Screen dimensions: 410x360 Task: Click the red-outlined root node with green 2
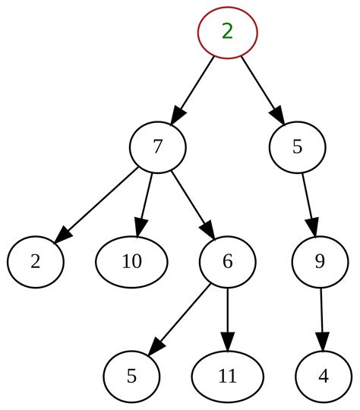tap(227, 32)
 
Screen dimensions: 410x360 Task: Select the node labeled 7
tap(157, 147)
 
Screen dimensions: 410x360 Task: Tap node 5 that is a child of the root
tap(297, 147)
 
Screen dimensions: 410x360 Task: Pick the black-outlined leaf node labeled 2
tap(36, 262)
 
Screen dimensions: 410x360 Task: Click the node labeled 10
tap(131, 262)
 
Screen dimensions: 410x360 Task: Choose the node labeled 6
tap(227, 262)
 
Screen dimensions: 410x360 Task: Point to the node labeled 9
tap(320, 262)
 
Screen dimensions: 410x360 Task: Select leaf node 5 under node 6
tap(131, 377)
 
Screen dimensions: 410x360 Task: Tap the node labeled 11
tap(227, 377)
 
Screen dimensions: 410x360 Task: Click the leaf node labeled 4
tap(324, 377)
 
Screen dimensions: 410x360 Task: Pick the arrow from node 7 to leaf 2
tap(97, 203)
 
